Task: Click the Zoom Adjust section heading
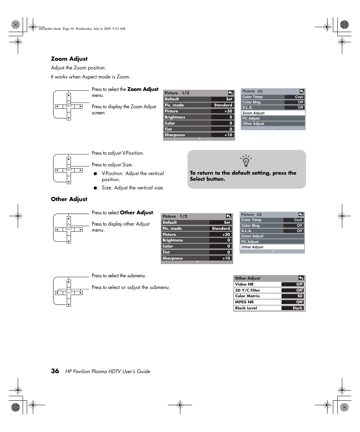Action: click(x=69, y=59)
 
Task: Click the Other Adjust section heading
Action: click(x=69, y=199)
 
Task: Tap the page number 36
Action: click(x=55, y=371)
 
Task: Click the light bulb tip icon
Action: click(x=246, y=161)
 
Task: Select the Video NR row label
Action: click(x=244, y=284)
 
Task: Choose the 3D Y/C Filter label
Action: click(x=248, y=290)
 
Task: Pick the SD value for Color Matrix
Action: click(x=300, y=296)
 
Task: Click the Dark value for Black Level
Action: click(x=298, y=308)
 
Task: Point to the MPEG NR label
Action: click(x=245, y=302)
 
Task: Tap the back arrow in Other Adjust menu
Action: click(x=301, y=278)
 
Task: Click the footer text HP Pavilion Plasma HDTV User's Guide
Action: click(x=108, y=372)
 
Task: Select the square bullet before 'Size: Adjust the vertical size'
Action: click(x=95, y=188)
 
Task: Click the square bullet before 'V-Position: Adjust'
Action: click(x=95, y=174)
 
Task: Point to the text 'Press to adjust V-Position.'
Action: click(x=118, y=153)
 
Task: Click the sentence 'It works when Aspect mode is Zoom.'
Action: click(x=91, y=77)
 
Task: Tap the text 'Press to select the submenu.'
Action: click(x=119, y=276)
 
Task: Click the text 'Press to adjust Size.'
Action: click(x=112, y=165)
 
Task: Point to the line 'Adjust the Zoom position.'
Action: click(x=78, y=68)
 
